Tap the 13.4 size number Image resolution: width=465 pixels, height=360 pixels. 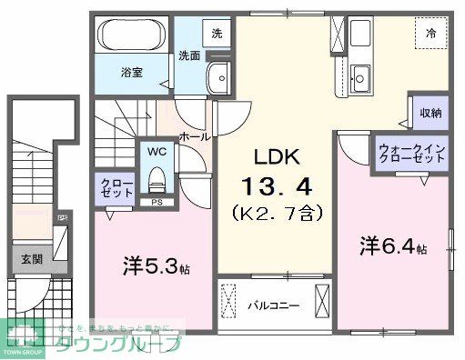pyautogui.click(x=277, y=187)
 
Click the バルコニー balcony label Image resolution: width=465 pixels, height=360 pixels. pyautogui.click(x=273, y=306)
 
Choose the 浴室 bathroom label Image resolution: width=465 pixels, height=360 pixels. pyautogui.click(x=133, y=69)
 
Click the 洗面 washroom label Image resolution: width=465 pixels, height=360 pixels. pyautogui.click(x=189, y=55)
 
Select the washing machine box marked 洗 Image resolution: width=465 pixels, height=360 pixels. pyautogui.click(x=217, y=33)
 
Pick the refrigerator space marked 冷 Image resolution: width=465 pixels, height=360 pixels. pyautogui.click(x=432, y=32)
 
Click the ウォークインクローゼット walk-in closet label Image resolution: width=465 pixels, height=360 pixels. pyautogui.click(x=412, y=151)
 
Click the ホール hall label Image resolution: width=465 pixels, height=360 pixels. pyautogui.click(x=195, y=136)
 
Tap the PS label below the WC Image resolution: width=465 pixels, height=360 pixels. pyautogui.click(x=157, y=202)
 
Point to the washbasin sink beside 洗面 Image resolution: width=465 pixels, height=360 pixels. pyautogui.click(x=218, y=78)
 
